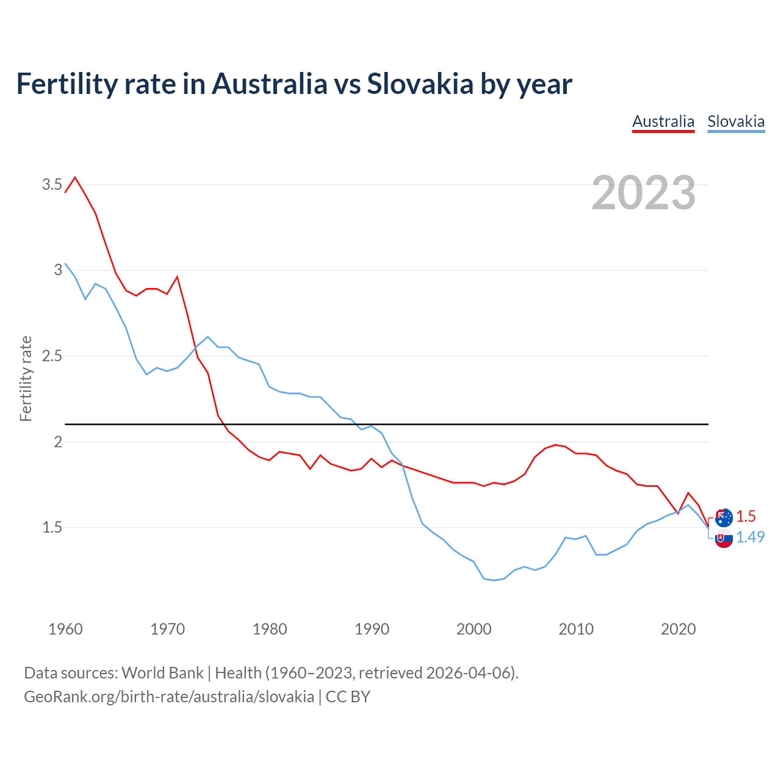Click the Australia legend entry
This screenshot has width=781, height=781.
pos(663,121)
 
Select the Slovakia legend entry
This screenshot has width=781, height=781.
pos(736,121)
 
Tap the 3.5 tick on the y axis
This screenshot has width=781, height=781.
pos(52,184)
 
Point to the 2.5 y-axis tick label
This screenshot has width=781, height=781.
pos(52,356)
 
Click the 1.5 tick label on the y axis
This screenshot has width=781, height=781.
pos(52,527)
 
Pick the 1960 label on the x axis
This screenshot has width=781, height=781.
pos(65,629)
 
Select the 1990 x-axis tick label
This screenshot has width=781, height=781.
pos(372,629)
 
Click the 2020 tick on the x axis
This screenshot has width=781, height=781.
pos(678,629)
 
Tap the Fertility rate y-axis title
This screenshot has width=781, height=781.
pos(26,378)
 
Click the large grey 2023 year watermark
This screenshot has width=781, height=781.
pos(644,193)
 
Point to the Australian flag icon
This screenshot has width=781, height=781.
pos(724,517)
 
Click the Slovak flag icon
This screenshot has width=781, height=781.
pos(724,539)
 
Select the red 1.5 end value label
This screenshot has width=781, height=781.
pos(746,516)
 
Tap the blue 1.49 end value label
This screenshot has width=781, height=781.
pos(750,537)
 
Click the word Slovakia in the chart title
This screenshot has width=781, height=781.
pos(420,84)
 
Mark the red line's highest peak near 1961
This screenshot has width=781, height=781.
pos(75,178)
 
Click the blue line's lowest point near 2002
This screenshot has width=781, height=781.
pos(494,580)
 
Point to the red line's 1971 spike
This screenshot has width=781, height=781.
pos(177,276)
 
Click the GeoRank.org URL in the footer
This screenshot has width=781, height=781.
pos(169,696)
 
